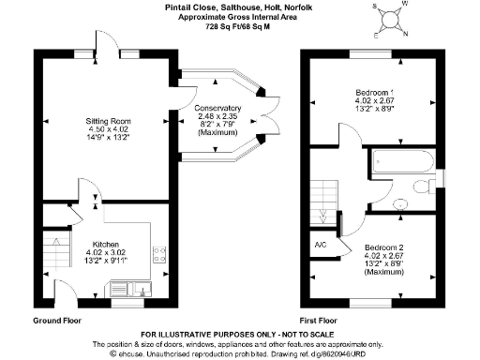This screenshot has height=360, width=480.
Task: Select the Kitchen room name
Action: click(105, 243)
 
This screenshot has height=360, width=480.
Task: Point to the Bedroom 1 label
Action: click(374, 91)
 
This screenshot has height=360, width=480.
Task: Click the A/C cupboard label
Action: click(319, 246)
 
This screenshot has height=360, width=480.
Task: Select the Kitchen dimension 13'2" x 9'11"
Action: click(105, 260)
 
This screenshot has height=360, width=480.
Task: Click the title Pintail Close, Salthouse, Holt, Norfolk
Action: click(239, 8)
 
